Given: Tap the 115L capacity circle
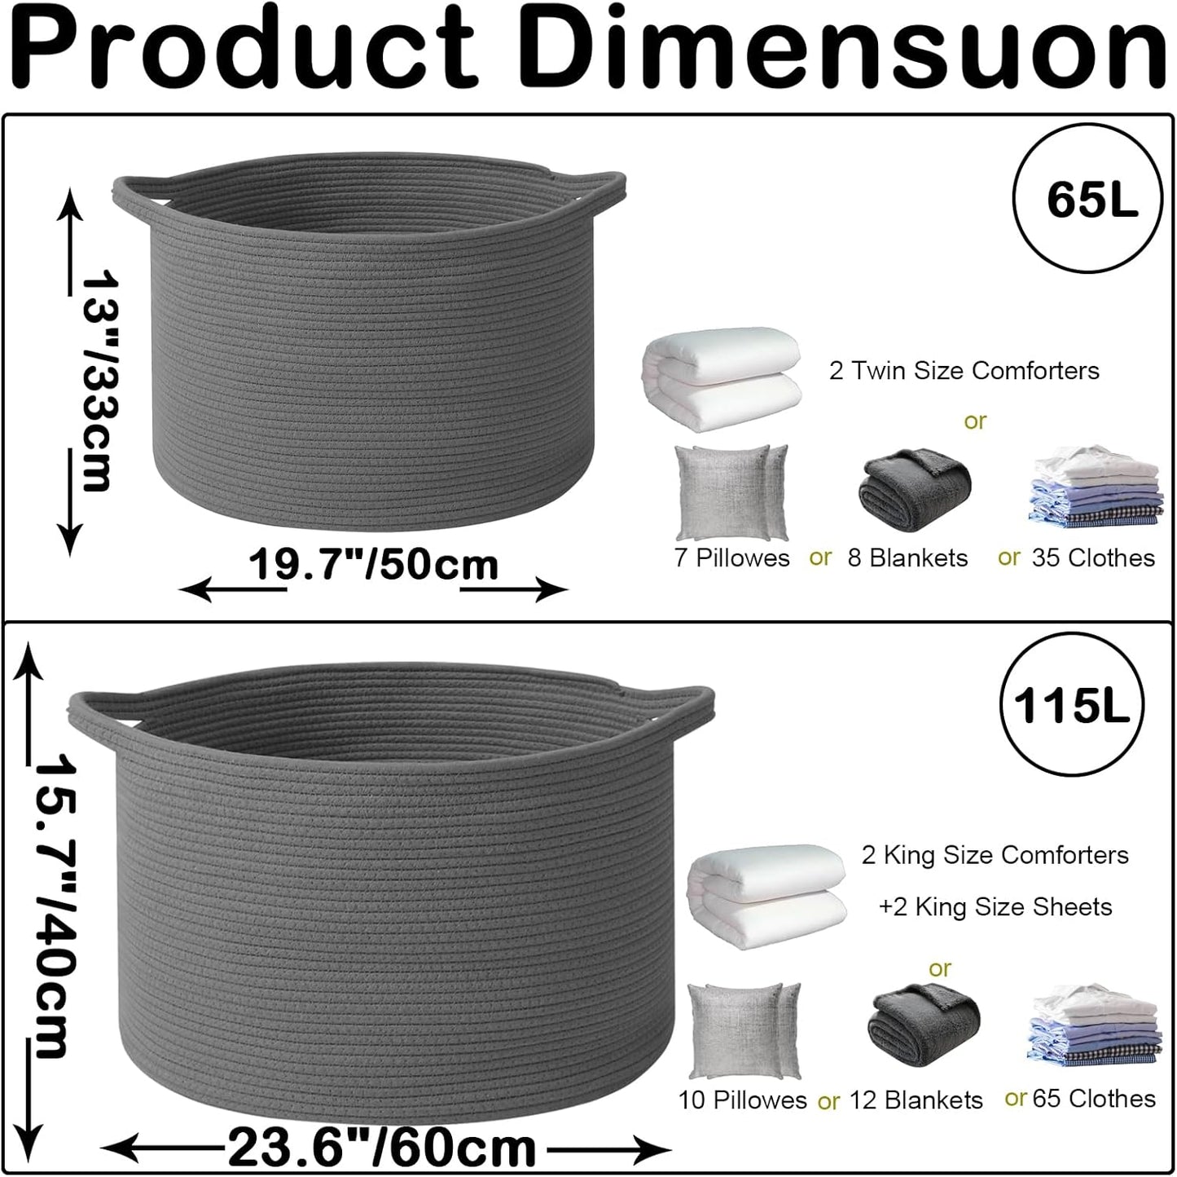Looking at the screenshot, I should click(x=1069, y=703).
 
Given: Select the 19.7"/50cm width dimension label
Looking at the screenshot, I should click(x=373, y=566).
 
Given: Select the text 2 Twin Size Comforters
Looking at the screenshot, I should click(x=964, y=371).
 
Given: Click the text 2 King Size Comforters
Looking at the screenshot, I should click(x=995, y=855).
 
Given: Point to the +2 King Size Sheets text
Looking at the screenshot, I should click(x=995, y=906).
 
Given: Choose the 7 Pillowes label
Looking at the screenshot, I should click(x=731, y=558).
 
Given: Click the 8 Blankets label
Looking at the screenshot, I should click(x=907, y=558).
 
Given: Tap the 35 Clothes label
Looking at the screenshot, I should click(x=1092, y=558).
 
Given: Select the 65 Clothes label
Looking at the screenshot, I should click(x=1093, y=1099).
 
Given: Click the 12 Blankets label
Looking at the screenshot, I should click(x=916, y=1100).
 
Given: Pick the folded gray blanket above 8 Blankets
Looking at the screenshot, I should click(x=914, y=487).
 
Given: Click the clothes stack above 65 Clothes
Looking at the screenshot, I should click(x=1093, y=1029).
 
